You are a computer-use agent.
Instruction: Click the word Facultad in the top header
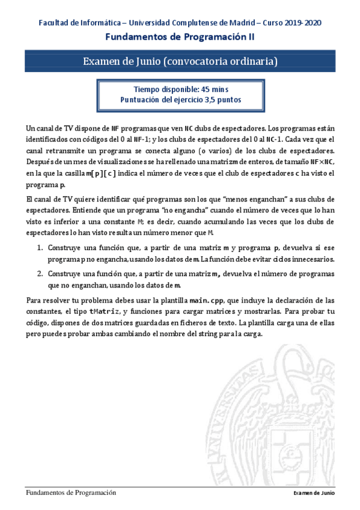pos(53,23)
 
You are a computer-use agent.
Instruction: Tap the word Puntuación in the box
pos(139,100)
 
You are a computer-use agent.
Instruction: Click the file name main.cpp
pos(207,300)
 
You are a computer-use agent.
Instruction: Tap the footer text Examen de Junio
pos(314,493)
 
